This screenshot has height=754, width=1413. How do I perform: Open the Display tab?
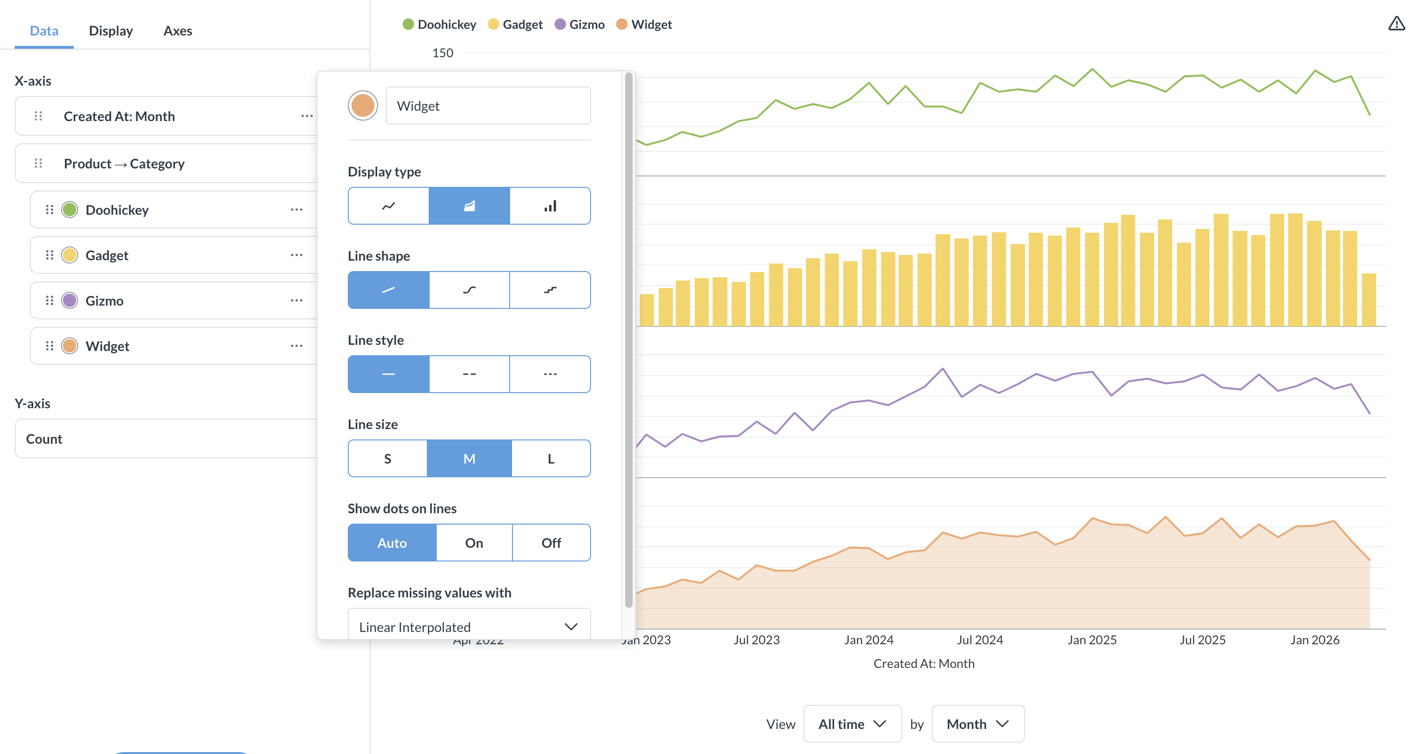click(x=111, y=31)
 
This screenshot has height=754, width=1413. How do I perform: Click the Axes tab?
click(x=178, y=31)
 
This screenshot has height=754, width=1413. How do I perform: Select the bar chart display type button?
click(x=550, y=206)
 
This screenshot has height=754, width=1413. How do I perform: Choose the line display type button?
click(x=389, y=206)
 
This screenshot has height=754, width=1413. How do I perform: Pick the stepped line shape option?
click(x=550, y=290)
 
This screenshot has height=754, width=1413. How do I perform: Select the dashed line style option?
click(x=469, y=374)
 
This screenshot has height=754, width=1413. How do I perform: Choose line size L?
click(x=551, y=458)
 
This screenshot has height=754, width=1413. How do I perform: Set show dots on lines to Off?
click(x=551, y=543)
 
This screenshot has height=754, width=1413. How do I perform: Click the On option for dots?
click(x=475, y=543)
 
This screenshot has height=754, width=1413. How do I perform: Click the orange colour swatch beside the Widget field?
click(x=362, y=105)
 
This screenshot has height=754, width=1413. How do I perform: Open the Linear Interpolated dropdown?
click(x=469, y=626)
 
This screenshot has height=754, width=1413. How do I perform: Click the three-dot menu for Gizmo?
click(x=297, y=300)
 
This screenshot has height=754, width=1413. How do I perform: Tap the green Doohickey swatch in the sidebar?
click(x=70, y=210)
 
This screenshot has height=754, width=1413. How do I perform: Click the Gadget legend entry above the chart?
click(x=515, y=25)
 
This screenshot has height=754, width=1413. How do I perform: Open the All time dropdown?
click(x=852, y=724)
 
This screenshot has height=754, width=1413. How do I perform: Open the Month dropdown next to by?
click(x=978, y=724)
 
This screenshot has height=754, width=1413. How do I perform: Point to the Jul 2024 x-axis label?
click(x=980, y=640)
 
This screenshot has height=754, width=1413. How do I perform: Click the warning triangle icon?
click(x=1396, y=24)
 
